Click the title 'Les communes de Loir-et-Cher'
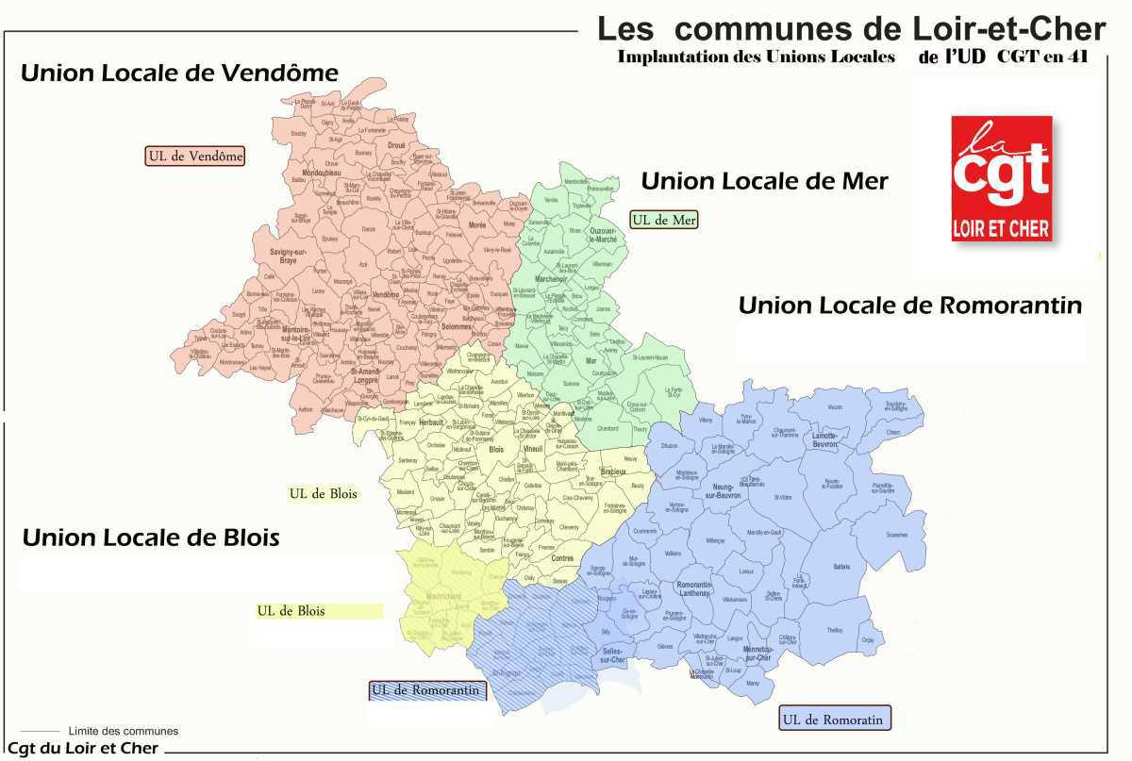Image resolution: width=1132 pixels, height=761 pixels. click(x=851, y=28)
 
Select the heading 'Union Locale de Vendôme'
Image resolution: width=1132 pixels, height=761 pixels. click(x=179, y=73)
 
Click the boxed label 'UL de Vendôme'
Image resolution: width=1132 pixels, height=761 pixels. click(x=195, y=156)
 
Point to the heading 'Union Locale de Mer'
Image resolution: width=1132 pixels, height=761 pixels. click(x=764, y=181)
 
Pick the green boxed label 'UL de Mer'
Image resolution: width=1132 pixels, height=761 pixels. click(x=663, y=220)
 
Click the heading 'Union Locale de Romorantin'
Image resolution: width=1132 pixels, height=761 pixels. click(x=909, y=306)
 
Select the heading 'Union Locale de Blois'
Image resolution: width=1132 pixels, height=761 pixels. click(x=151, y=538)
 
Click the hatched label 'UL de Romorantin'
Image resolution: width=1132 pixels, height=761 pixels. click(x=428, y=690)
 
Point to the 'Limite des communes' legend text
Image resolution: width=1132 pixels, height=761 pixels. click(x=123, y=731)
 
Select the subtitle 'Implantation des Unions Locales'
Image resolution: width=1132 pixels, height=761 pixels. click(x=756, y=57)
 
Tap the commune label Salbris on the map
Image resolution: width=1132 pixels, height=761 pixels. click(x=842, y=566)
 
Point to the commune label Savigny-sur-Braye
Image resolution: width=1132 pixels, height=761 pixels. click(x=289, y=256)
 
